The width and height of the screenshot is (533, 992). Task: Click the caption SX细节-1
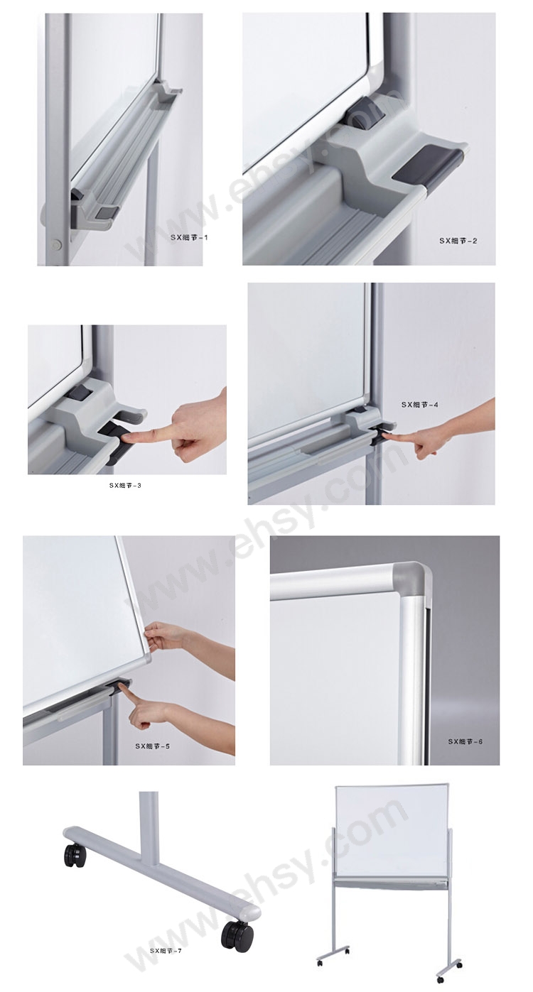[x=189, y=237]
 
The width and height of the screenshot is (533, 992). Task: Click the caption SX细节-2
[x=458, y=241]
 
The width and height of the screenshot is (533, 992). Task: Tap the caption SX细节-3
[x=125, y=486]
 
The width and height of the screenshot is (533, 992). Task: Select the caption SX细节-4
[x=419, y=404]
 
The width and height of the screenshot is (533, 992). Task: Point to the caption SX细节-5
[x=153, y=746]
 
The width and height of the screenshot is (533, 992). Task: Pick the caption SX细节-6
[x=465, y=741]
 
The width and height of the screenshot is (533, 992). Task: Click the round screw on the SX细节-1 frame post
[x=56, y=243]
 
